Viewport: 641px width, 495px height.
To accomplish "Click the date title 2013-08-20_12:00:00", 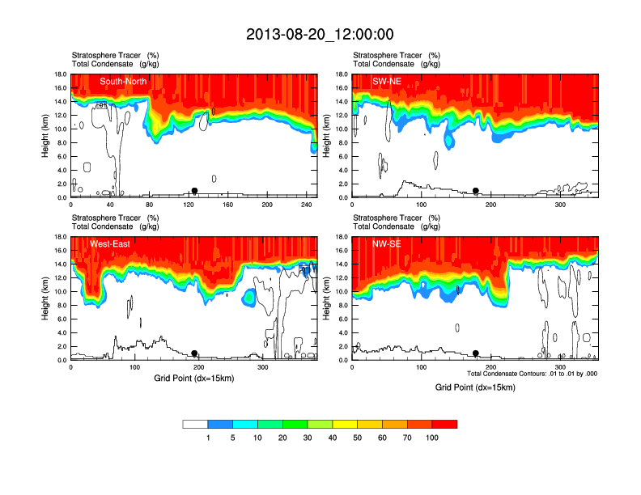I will click(x=320, y=34).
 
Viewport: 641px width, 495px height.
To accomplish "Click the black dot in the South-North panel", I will click(x=194, y=191).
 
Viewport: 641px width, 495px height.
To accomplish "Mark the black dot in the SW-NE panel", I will click(x=476, y=191).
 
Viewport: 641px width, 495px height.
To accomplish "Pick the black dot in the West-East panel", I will click(x=194, y=353).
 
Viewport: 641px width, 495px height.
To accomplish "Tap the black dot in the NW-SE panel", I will click(x=476, y=353).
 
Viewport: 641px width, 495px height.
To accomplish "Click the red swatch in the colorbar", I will click(x=444, y=424).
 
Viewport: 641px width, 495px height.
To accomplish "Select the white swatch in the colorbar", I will click(x=195, y=424).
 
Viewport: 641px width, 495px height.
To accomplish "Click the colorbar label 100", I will click(x=432, y=438).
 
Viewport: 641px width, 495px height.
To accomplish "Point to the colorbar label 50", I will click(x=358, y=438).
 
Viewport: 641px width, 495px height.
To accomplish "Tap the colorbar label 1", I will click(x=208, y=438).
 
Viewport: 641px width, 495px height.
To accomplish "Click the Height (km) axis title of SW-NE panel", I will click(x=327, y=136).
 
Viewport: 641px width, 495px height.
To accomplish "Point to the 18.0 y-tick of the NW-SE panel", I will click(x=342, y=237).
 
